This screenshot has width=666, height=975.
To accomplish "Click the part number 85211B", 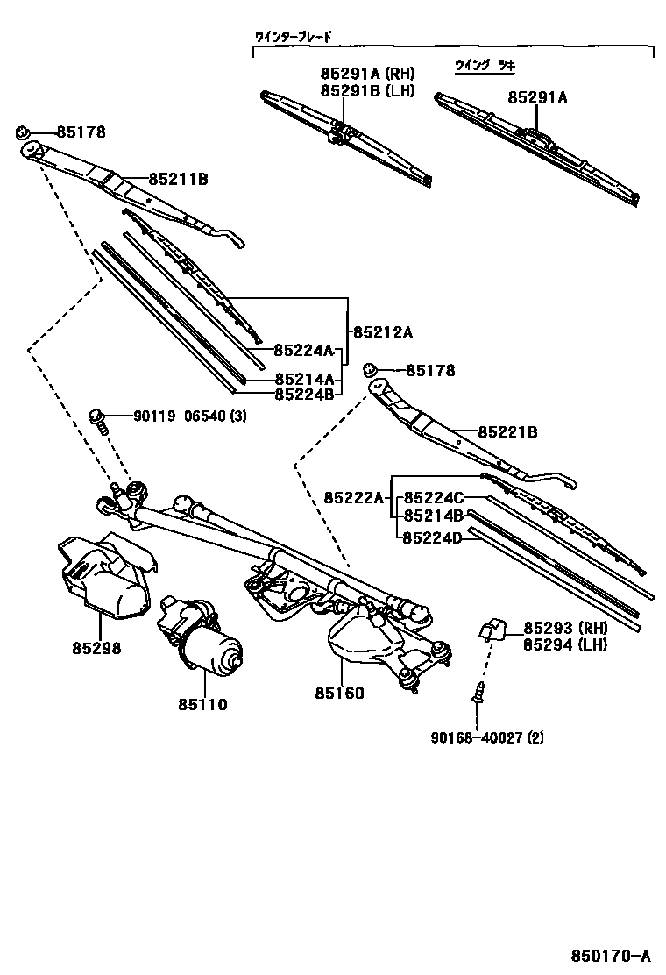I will point(177,180).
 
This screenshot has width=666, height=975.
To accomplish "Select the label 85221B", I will point(507,432).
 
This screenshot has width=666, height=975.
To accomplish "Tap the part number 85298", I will point(96,649).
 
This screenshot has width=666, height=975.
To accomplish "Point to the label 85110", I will point(202,704).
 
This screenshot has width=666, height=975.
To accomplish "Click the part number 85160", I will point(339,693).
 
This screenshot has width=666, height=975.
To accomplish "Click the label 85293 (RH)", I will point(565,628).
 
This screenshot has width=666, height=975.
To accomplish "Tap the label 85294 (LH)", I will point(565,644).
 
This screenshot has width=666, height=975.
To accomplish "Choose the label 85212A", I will point(382,332).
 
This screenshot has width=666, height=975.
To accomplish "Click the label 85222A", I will point(354,498).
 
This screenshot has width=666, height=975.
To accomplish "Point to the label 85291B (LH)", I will point(367,90).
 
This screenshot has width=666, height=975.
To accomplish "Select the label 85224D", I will point(431,537).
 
